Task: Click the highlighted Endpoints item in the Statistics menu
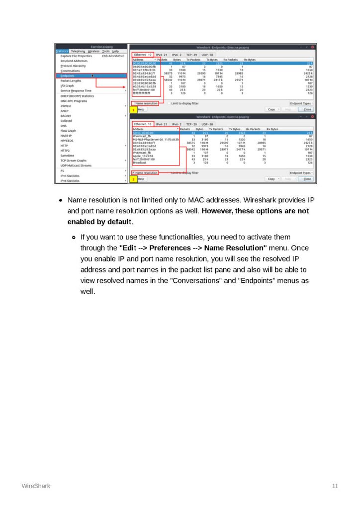click(x=68, y=76)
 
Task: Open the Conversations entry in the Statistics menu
click(x=70, y=71)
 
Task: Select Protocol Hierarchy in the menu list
click(x=73, y=66)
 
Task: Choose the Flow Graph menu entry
click(x=68, y=130)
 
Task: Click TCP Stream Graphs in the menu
click(x=73, y=161)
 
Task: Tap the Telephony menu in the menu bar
click(x=78, y=51)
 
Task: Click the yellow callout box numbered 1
click(x=133, y=109)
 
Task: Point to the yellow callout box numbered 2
click(x=133, y=178)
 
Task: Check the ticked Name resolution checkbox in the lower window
click(x=133, y=173)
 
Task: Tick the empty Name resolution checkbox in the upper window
click(x=133, y=103)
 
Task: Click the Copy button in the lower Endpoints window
click(x=271, y=178)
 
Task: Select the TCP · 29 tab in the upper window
click(x=191, y=55)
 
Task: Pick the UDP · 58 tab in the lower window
click(x=207, y=124)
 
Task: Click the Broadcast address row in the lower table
click(x=140, y=163)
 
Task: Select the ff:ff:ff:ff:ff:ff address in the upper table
click(x=141, y=93)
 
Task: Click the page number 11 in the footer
click(x=335, y=486)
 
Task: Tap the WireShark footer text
click(x=36, y=486)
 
